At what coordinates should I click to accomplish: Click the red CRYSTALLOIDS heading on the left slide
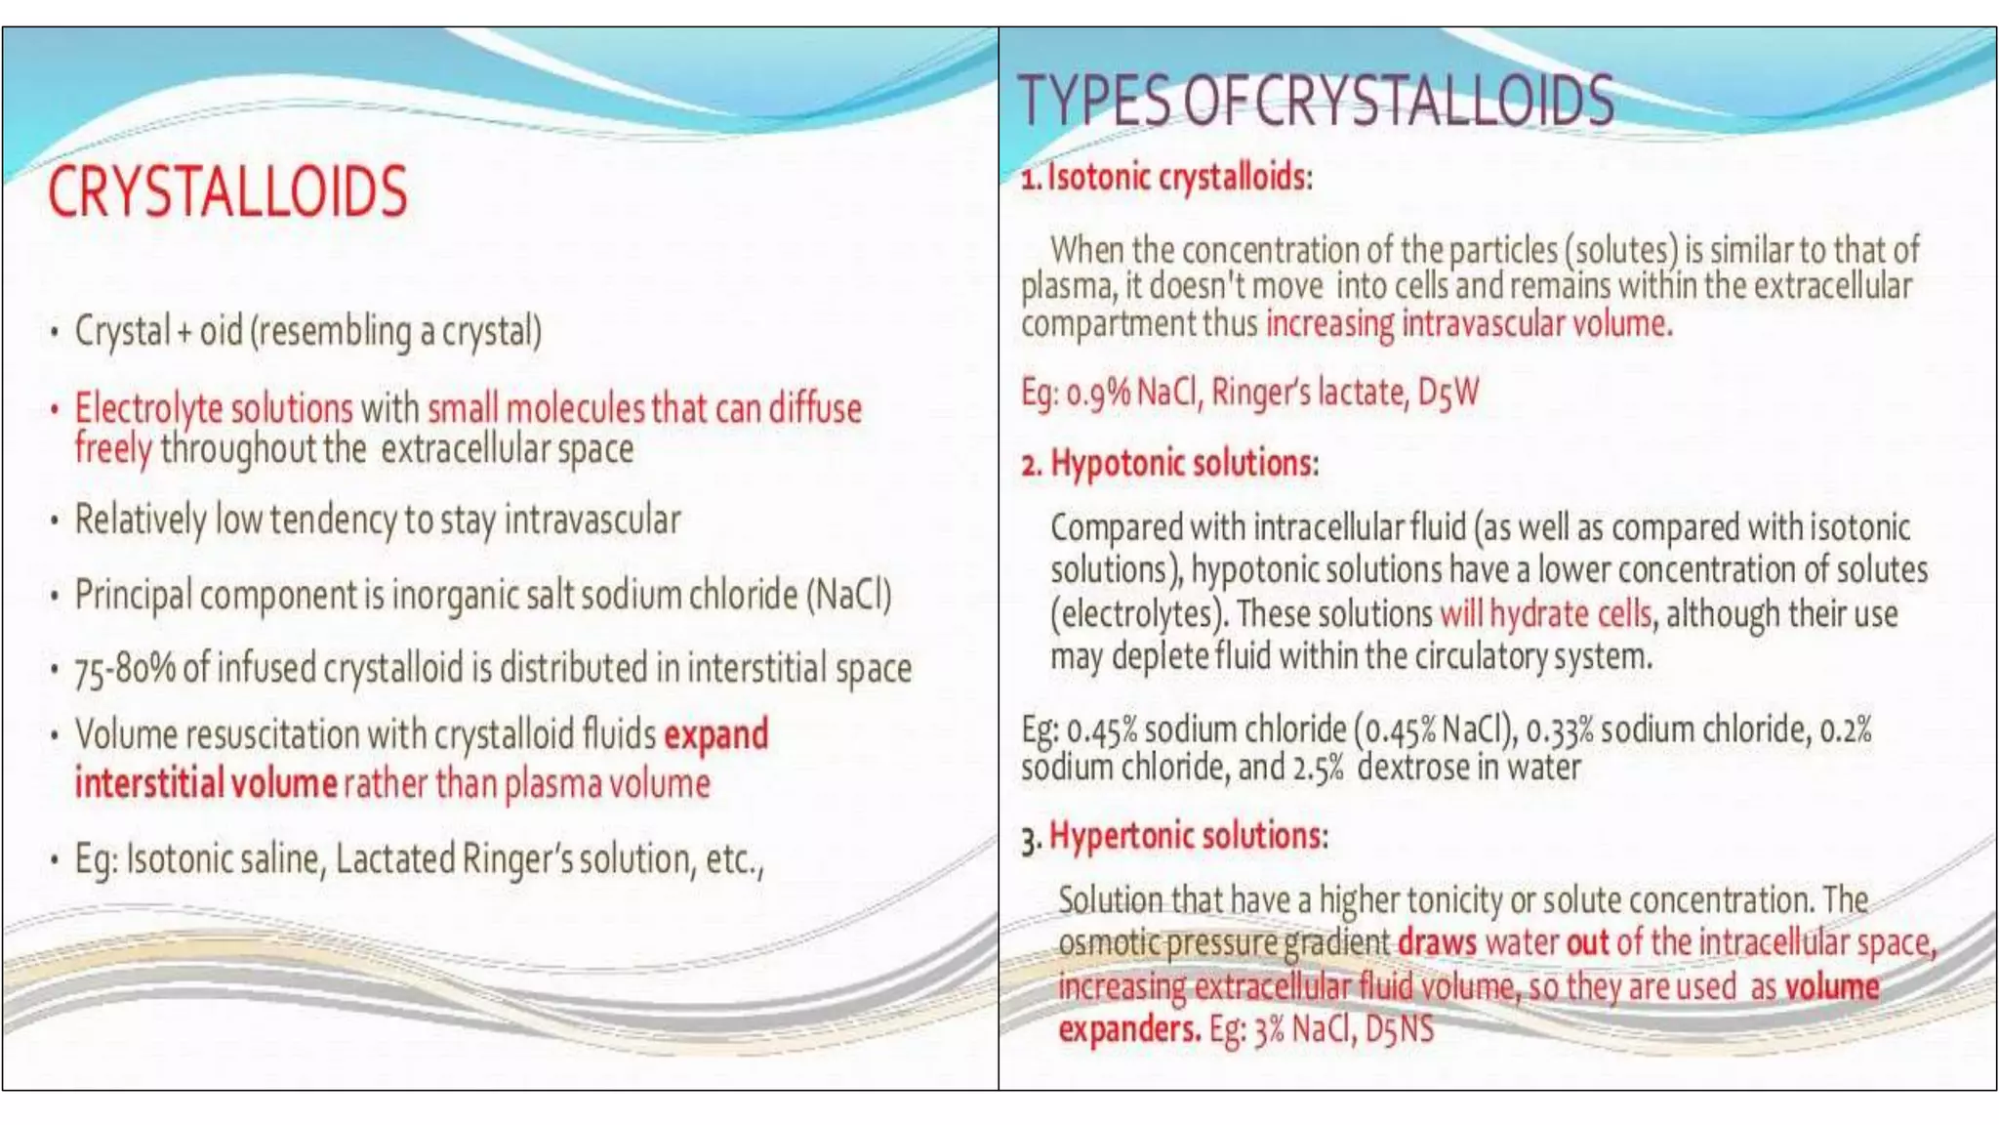(227, 191)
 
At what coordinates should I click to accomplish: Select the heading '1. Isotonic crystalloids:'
(1166, 178)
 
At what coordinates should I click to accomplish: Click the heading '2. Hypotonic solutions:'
(1169, 463)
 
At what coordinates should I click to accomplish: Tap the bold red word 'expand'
(715, 734)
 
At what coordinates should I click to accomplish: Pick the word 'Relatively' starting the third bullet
(141, 520)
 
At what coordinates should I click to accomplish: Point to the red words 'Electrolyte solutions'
(214, 408)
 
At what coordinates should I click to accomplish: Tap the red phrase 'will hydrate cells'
(1545, 614)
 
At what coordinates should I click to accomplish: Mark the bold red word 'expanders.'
(1129, 1029)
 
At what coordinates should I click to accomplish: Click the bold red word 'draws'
(1437, 942)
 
